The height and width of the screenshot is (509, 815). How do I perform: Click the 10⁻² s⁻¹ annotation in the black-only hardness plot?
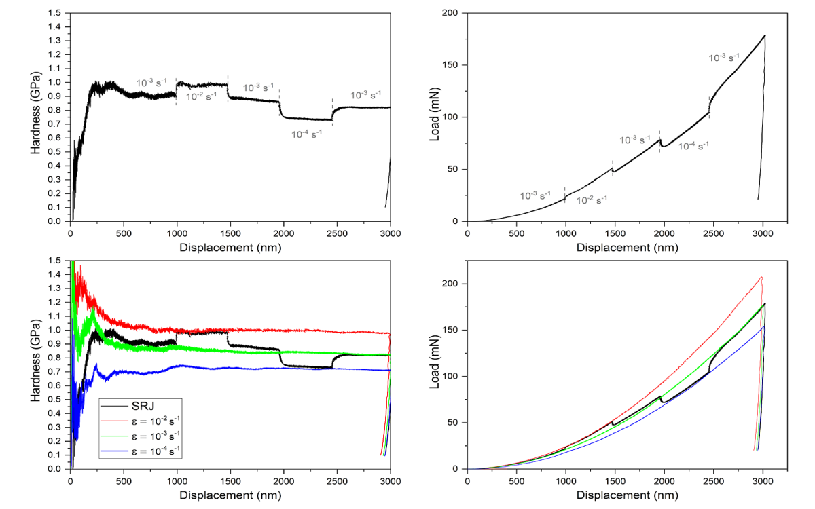202,96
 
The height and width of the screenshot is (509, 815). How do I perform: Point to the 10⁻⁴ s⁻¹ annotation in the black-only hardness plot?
307,134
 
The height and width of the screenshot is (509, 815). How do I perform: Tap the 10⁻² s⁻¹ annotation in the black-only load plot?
592,200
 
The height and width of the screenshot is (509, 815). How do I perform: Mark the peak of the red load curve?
761,277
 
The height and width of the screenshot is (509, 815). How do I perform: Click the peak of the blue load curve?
764,326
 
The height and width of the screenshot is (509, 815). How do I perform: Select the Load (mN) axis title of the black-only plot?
435,117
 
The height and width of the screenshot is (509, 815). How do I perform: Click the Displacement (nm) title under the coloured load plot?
627,495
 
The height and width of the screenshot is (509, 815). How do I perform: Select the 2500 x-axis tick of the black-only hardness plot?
337,233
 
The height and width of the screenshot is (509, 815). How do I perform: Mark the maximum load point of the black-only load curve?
765,35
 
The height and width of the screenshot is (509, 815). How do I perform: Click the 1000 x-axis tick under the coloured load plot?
566,480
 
